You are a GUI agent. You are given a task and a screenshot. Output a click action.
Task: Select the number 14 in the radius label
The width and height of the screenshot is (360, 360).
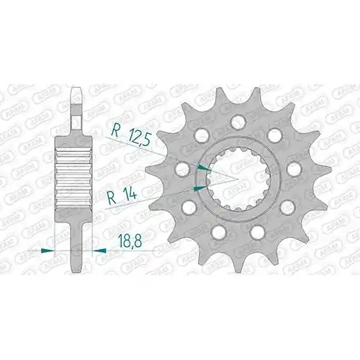pos(130,194)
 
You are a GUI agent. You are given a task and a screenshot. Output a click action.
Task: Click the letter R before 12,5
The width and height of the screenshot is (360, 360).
pos(115,131)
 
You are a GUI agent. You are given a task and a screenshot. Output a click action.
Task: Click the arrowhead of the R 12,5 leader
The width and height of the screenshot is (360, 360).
pos(204,168)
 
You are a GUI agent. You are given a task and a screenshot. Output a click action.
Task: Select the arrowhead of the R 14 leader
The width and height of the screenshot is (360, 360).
pos(199,189)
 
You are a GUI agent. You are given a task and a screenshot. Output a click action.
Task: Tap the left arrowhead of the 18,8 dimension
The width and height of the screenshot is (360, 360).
pos(48,251)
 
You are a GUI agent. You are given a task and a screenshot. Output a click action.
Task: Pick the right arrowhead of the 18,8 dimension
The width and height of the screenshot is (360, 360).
pos(99,251)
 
